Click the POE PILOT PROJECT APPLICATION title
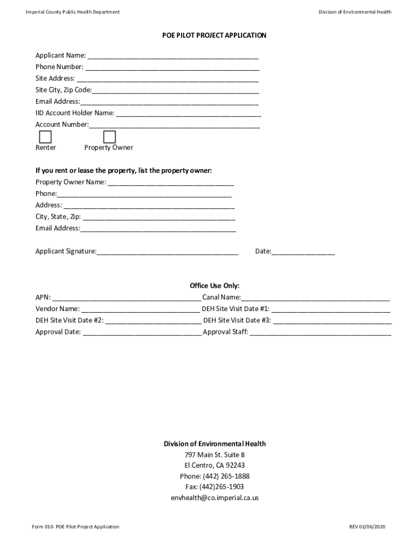[215, 36]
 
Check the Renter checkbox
[45, 137]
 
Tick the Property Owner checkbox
[109, 137]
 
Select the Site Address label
[55, 78]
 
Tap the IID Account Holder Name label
[75, 113]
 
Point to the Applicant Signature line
[167, 252]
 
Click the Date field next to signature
[303, 252]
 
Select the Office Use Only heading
[215, 286]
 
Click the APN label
[43, 298]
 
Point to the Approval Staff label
[225, 332]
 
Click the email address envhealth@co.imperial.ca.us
[215, 498]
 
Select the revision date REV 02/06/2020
[368, 527]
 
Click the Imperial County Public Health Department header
[73, 12]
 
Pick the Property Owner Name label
[71, 182]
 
